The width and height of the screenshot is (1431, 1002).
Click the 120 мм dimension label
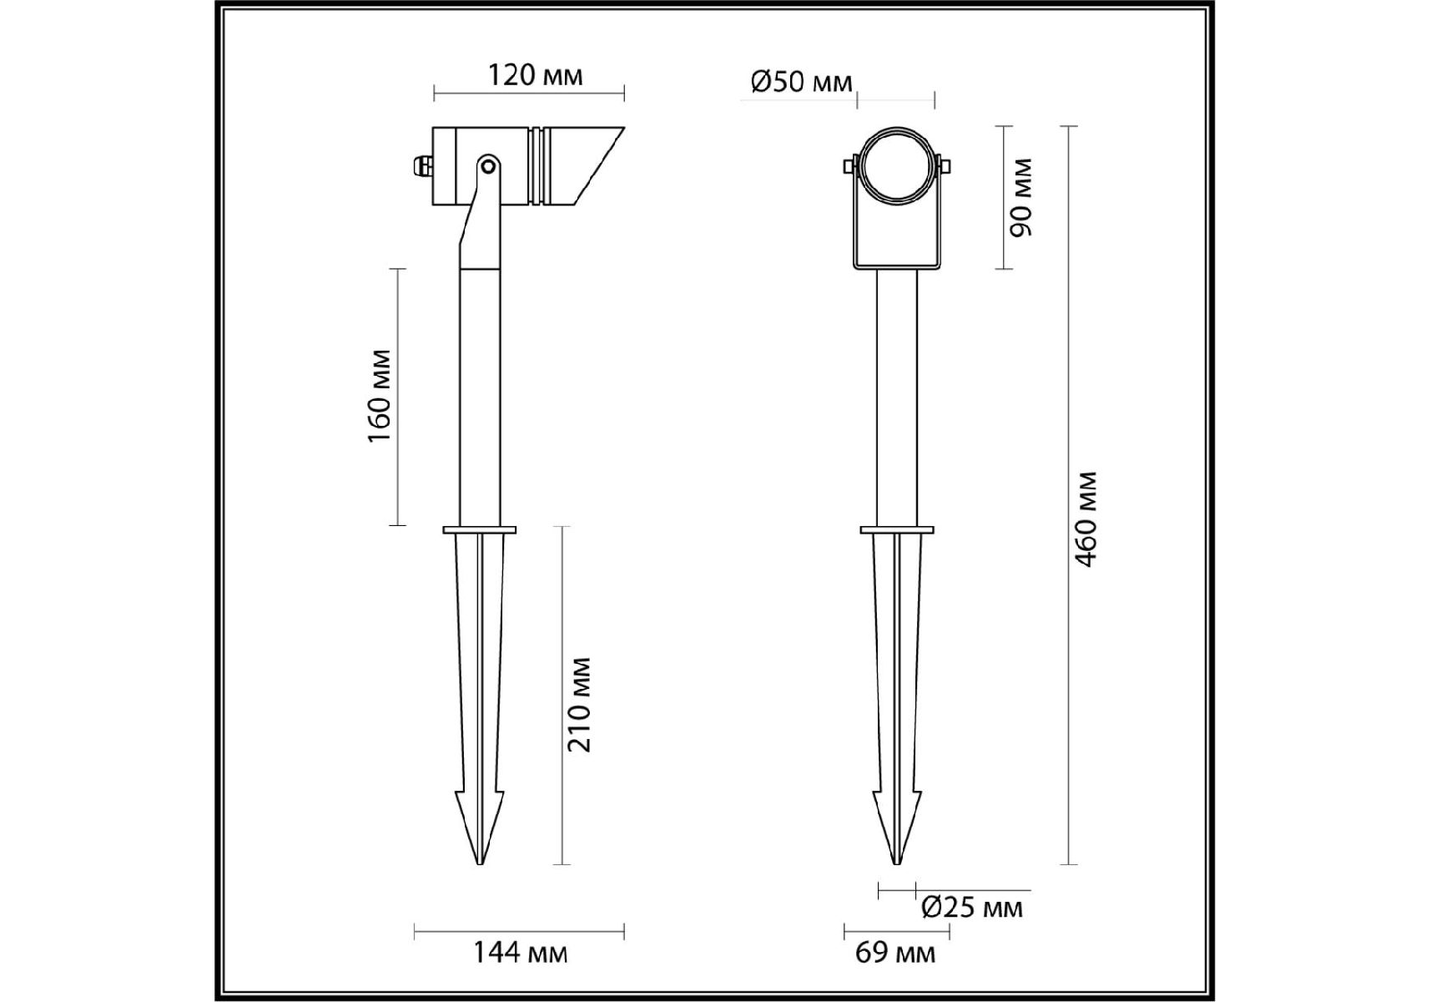pos(535,75)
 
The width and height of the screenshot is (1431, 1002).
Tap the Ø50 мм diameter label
pos(802,82)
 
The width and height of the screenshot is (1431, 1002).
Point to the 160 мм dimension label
pos(380,396)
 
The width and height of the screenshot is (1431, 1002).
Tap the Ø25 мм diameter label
pos(971,907)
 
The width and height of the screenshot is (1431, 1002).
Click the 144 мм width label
pos(521,952)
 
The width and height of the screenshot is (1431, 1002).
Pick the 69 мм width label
pos(895,952)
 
